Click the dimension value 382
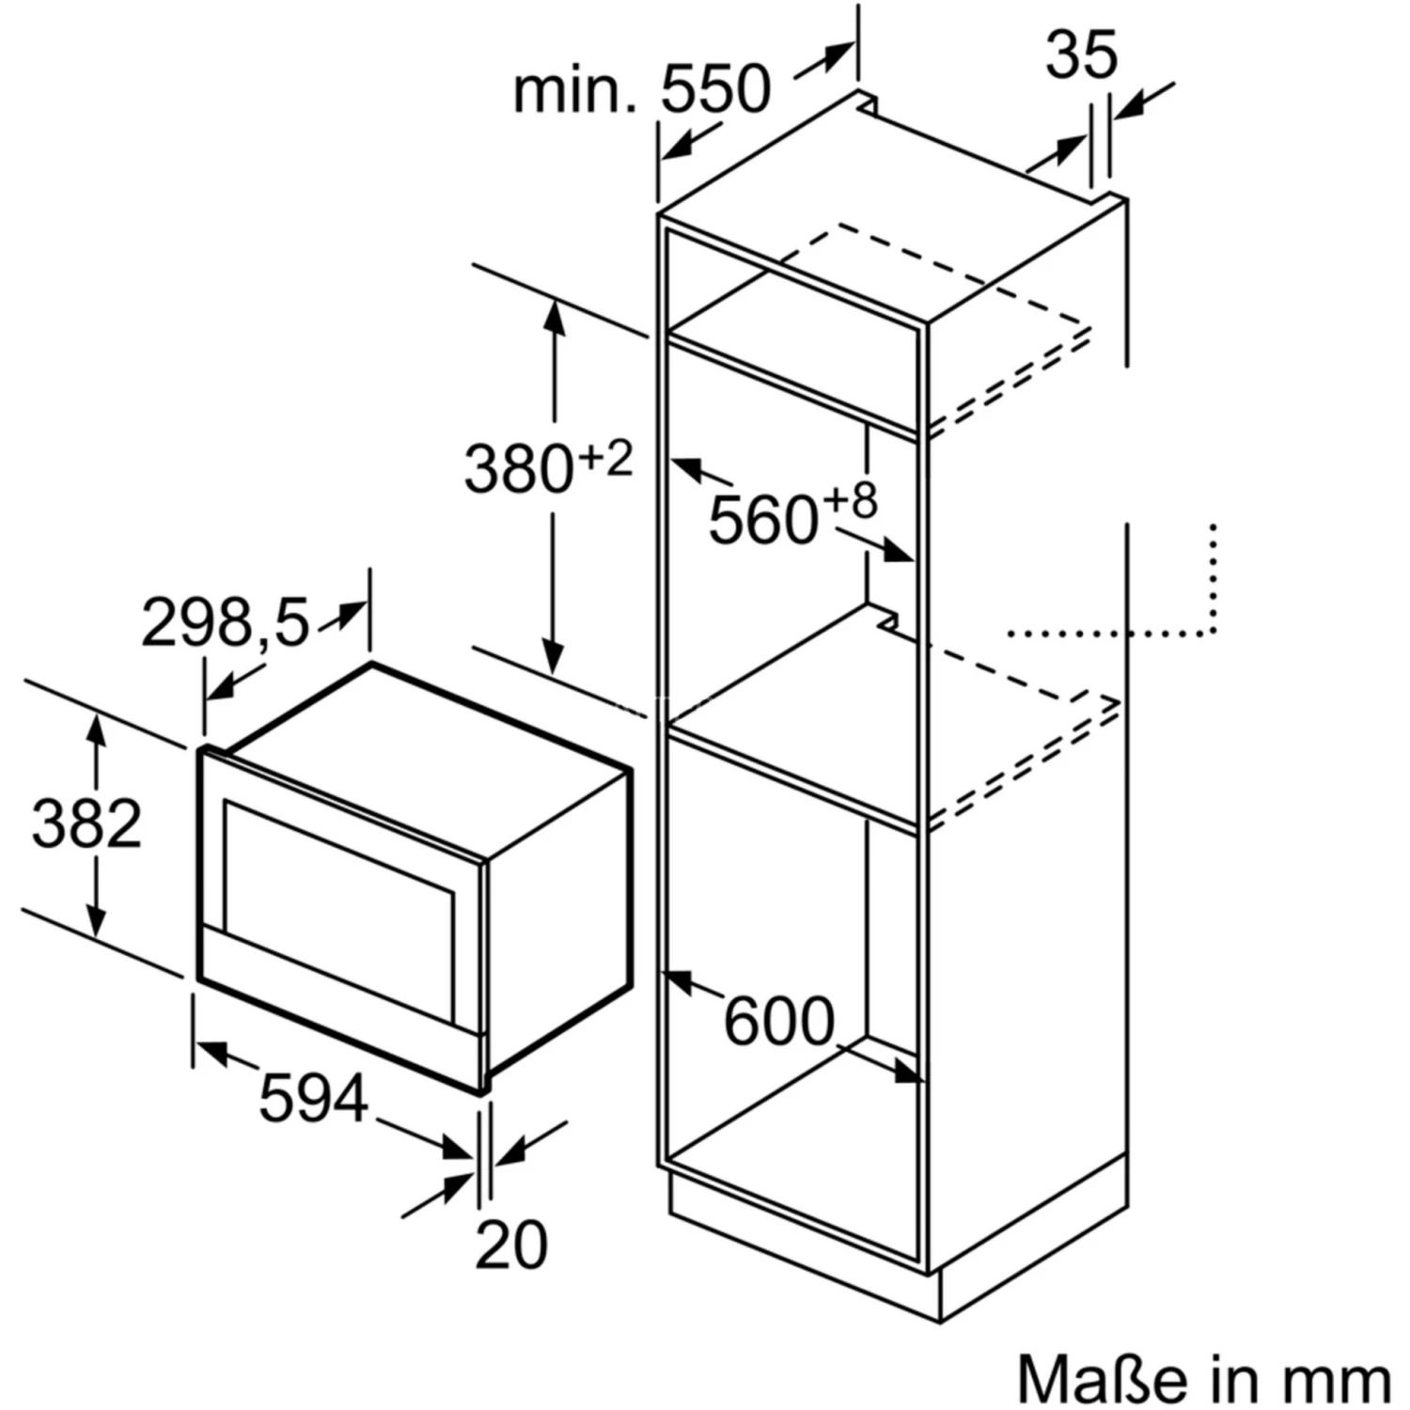86,823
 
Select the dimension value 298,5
226,621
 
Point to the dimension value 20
510,1245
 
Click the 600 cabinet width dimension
779,1021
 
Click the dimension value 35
1081,55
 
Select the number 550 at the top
715,90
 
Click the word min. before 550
574,90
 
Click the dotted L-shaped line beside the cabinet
1213,631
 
